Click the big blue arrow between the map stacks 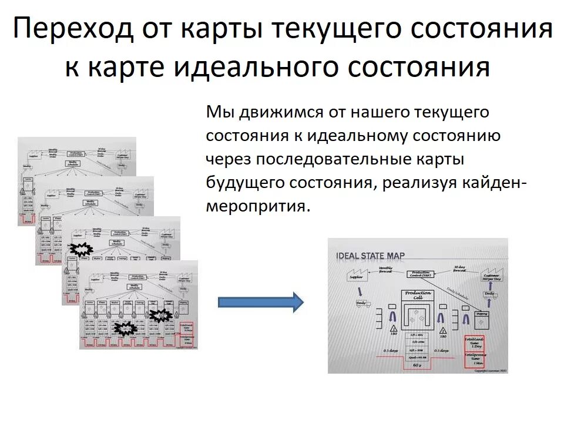[x=260, y=302]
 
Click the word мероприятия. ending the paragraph [x=257, y=206]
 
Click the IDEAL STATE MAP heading [x=371, y=256]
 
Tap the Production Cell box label [x=417, y=295]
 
